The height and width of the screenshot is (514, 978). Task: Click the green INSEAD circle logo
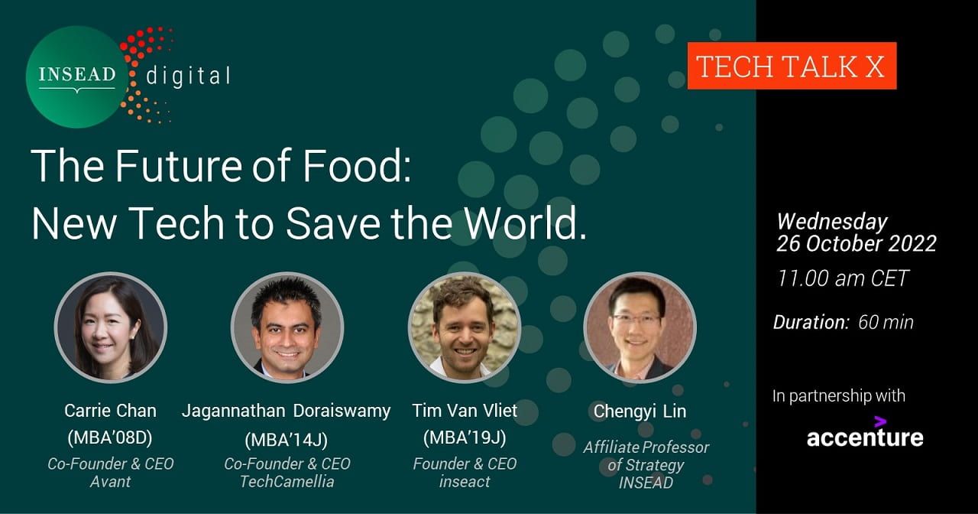point(77,77)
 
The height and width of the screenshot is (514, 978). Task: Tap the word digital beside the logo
point(188,76)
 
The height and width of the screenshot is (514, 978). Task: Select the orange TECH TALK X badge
point(792,66)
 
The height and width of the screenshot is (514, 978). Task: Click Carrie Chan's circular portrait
point(111,327)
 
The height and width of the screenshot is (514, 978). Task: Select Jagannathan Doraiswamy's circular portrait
point(287,327)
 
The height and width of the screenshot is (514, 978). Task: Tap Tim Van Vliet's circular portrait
point(465,327)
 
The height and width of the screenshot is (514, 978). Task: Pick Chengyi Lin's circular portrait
point(640,327)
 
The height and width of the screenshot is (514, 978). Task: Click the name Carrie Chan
point(110,411)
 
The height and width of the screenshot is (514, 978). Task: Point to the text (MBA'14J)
point(287,440)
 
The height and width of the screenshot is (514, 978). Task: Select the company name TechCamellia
point(287,482)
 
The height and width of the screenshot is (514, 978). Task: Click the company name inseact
point(465,482)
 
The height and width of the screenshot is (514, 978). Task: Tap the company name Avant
point(110,482)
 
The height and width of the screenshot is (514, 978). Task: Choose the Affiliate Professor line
point(646,447)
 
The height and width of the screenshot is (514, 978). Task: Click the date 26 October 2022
point(857,243)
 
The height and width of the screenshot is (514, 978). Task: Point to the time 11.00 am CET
point(843,278)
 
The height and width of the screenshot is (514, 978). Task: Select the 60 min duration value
point(886,323)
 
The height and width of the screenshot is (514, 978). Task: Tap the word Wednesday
point(832,222)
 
